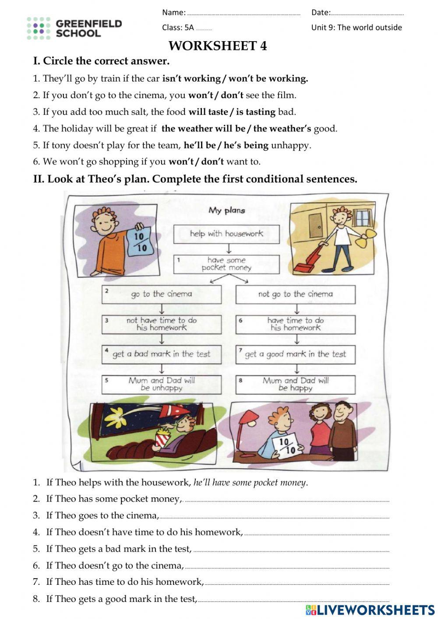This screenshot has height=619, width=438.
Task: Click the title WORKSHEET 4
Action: [218, 46]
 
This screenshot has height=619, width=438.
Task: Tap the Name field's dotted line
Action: [243, 13]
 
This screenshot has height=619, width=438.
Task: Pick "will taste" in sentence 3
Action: [208, 112]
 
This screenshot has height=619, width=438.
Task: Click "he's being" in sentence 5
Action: [246, 145]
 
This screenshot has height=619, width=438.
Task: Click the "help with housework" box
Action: [226, 234]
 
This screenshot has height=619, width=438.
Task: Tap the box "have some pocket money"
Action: [226, 264]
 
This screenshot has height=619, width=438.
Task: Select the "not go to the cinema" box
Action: [295, 294]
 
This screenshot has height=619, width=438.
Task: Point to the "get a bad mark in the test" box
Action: [162, 354]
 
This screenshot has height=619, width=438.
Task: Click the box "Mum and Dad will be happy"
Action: [295, 385]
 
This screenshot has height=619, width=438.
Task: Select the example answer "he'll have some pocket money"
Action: [250, 483]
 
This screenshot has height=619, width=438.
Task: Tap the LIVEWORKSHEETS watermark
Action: [371, 610]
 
